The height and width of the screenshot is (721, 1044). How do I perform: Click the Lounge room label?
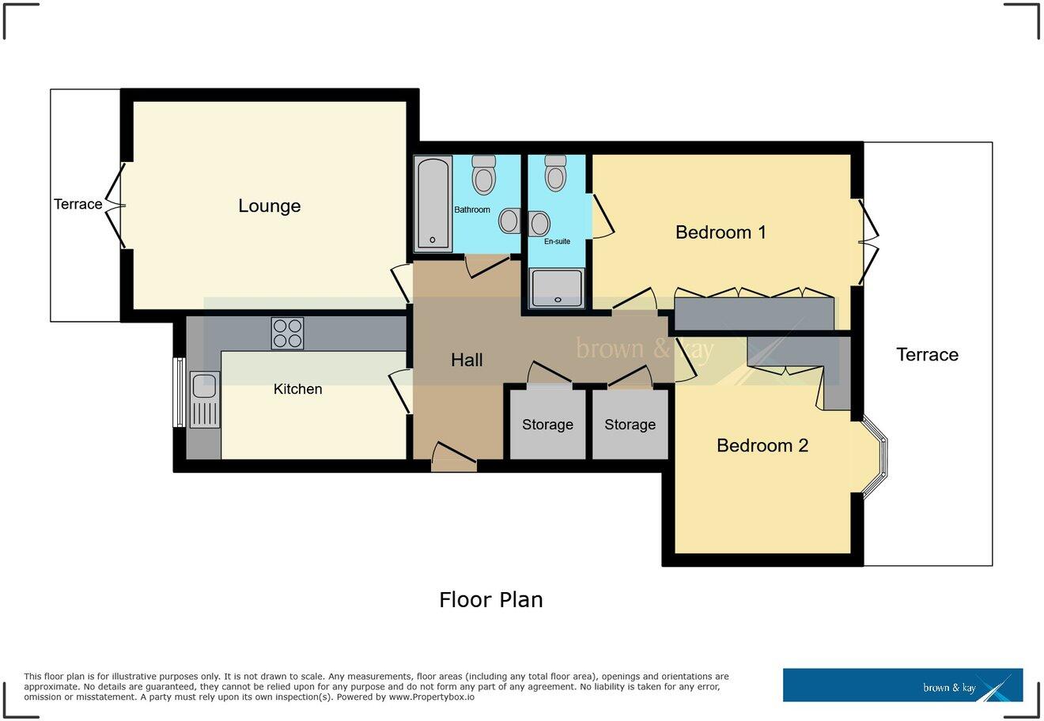(269, 206)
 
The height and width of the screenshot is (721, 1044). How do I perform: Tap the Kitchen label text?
(297, 389)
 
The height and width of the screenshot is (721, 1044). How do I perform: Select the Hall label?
(467, 360)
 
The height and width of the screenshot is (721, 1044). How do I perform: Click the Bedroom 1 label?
(721, 232)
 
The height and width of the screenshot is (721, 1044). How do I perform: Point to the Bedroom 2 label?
(762, 446)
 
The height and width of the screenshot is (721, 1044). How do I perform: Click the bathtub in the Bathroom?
(432, 202)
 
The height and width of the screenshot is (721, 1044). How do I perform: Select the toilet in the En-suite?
(556, 172)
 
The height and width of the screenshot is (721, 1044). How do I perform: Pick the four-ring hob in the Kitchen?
(287, 333)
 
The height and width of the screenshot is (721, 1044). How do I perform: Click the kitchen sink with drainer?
(204, 399)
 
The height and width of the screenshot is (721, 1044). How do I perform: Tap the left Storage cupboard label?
(547, 425)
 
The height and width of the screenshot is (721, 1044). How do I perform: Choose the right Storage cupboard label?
(630, 425)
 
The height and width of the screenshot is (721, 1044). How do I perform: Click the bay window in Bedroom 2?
(875, 458)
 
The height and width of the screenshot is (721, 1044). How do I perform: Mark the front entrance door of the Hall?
(454, 459)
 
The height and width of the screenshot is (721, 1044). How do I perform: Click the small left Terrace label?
(78, 204)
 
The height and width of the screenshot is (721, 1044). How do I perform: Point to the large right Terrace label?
(927, 355)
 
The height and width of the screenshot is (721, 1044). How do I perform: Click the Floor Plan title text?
(490, 600)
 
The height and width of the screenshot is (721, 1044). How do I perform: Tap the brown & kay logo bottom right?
(902, 685)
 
